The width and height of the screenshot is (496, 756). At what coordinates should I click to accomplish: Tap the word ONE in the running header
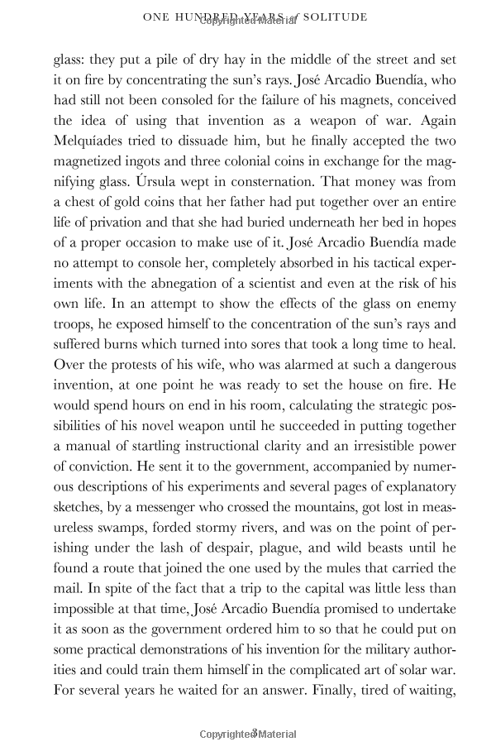coord(155,16)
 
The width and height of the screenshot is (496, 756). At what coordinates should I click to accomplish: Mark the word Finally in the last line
coord(348,705)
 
